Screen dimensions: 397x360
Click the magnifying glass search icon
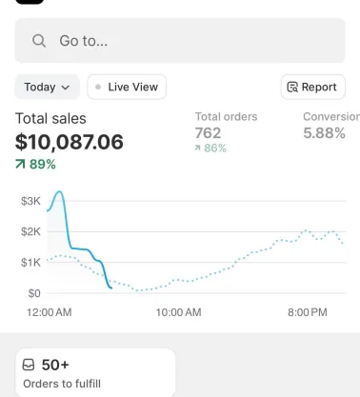39,41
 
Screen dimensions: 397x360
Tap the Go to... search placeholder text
83,41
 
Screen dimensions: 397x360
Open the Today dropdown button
47,87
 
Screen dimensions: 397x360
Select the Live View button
127,87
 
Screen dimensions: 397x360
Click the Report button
311,87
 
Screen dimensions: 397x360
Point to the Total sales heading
50,119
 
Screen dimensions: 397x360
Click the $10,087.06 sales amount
70,142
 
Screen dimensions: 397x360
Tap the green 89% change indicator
36,164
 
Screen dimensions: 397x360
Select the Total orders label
226,117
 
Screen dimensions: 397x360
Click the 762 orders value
208,133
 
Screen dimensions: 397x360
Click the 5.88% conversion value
324,133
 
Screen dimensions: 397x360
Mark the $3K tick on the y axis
30,202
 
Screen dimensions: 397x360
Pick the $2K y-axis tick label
30,232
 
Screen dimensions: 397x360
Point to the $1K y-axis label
30,263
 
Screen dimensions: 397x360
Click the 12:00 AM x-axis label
49,312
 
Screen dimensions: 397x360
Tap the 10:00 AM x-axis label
178,312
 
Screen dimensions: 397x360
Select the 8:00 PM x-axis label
307,312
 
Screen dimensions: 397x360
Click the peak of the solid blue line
60,192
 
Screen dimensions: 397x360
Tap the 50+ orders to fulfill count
54,365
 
